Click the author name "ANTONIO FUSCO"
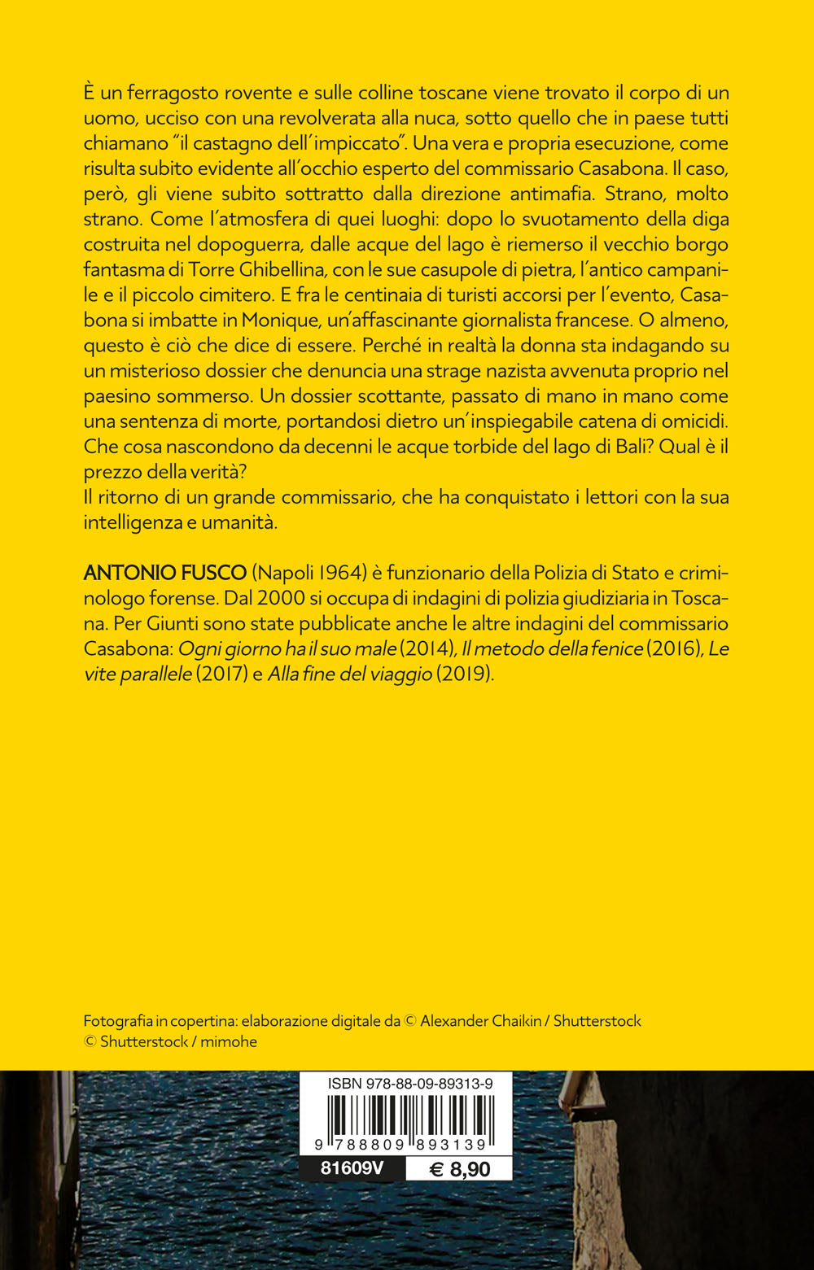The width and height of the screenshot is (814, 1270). (x=164, y=573)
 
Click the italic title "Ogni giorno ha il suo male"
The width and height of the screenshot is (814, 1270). (x=287, y=649)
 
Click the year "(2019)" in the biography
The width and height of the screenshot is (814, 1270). (x=465, y=674)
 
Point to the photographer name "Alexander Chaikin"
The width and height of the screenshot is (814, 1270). (x=480, y=1021)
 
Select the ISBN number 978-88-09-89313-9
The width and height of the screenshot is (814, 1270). (x=409, y=1084)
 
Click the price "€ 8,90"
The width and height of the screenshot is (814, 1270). (x=460, y=1169)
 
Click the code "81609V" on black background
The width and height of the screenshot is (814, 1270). (x=352, y=1168)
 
